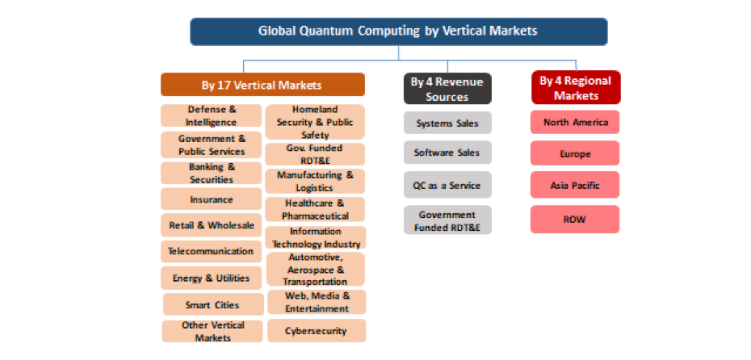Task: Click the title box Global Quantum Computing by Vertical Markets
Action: (398, 31)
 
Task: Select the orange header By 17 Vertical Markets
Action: (262, 85)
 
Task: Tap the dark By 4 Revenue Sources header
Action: (447, 89)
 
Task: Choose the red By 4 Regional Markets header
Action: (576, 88)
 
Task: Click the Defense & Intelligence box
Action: (212, 116)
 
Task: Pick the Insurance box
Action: (212, 199)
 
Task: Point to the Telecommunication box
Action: (212, 251)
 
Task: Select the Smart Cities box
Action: (213, 304)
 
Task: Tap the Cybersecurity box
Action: (317, 331)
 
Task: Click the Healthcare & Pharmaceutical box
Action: (315, 210)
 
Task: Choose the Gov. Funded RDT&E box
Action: (315, 154)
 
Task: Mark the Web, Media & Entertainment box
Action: (317, 302)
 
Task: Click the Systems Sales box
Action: (447, 123)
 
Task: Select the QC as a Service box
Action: (447, 185)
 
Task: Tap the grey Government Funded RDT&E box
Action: (447, 220)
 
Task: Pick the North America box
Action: (575, 122)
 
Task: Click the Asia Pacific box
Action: (575, 185)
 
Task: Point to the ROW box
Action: (575, 220)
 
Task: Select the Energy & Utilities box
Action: (212, 278)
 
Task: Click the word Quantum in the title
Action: (328, 31)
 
